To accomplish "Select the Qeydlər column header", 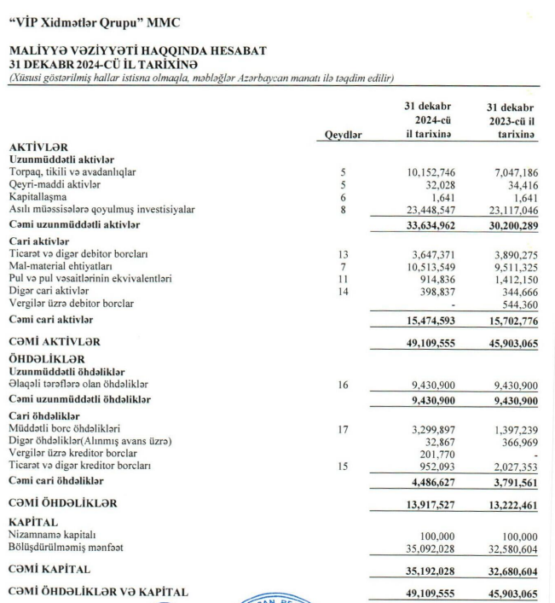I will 344,136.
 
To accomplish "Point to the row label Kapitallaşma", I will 38,196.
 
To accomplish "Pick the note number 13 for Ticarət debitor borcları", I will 344,254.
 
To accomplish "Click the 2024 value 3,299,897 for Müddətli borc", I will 426,429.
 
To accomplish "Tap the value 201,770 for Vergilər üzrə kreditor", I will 430,453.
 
